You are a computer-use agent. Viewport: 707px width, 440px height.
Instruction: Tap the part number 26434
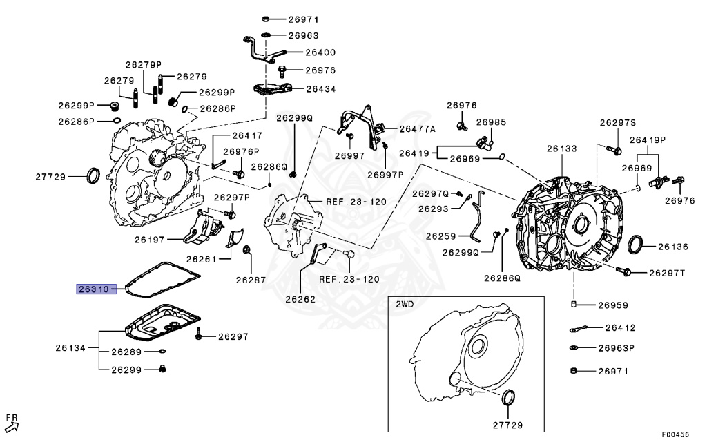320,88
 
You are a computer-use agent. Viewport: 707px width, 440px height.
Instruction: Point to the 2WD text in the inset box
405,304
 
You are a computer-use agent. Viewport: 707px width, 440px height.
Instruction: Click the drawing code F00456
675,434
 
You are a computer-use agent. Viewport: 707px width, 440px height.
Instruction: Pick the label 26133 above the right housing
561,148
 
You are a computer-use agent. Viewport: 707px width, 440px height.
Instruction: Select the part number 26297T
666,273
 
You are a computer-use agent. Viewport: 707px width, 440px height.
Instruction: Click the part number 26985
491,122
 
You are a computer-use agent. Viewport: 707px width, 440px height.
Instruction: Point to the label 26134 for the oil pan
70,347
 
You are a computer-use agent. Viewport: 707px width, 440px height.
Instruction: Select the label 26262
301,300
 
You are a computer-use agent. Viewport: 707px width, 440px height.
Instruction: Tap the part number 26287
250,280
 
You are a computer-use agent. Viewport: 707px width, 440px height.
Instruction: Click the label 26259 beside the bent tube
440,236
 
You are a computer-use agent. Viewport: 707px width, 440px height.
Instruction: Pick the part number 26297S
617,122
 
